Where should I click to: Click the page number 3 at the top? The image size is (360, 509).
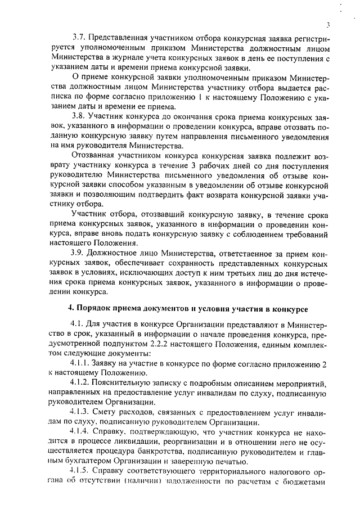[x=327, y=25]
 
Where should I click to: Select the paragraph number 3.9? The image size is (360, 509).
[x=79, y=254]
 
